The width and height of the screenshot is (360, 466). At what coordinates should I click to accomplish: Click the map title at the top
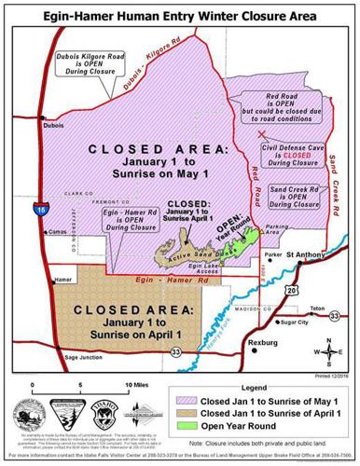click(x=179, y=11)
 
